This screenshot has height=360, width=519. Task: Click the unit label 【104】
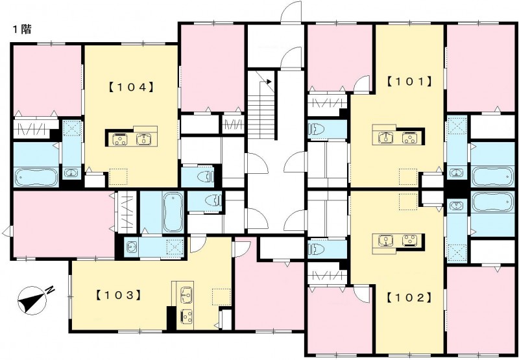click(x=131, y=88)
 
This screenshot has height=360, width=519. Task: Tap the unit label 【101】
click(x=409, y=81)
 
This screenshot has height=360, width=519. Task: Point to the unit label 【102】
click(x=409, y=298)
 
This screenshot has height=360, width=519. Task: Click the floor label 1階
click(x=22, y=29)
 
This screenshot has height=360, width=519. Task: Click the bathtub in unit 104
click(x=36, y=177)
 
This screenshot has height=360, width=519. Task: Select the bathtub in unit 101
click(x=492, y=176)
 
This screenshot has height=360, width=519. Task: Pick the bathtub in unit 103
click(x=173, y=212)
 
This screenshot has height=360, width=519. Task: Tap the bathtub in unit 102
click(x=492, y=202)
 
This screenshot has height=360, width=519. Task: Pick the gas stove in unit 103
click(x=186, y=316)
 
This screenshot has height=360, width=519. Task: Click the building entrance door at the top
click(x=291, y=12)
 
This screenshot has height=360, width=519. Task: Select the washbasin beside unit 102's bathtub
click(x=457, y=205)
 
